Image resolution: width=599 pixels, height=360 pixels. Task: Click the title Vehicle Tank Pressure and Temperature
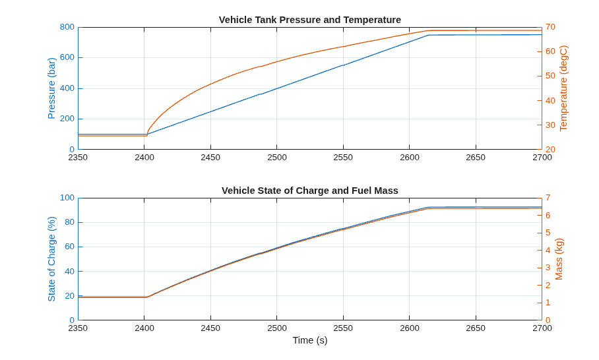coord(310,20)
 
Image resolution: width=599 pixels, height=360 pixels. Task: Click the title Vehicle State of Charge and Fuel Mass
coord(310,191)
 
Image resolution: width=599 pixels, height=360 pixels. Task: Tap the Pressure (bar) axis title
coord(51,88)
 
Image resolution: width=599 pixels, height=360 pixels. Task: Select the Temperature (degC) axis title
coord(563,88)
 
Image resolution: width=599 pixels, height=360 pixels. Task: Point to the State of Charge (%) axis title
coord(51,259)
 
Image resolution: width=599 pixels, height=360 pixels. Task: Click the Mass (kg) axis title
coord(559,259)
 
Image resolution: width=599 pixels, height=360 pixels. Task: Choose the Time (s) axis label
coord(310,340)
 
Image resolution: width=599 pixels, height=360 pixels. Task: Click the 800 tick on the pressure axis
coord(67,27)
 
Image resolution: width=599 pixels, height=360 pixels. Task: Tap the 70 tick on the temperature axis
coord(550,27)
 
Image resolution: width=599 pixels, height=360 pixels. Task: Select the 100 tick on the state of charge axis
coord(67,198)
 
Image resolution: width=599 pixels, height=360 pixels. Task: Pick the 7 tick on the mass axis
coord(548,198)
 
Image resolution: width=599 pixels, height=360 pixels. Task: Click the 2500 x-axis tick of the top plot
coord(277,158)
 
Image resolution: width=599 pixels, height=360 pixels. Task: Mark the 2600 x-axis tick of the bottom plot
coord(410,328)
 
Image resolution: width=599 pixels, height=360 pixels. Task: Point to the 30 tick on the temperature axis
coord(550,125)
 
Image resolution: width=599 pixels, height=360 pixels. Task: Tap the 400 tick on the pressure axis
coord(67,88)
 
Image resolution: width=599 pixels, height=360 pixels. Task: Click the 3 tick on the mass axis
coord(548,268)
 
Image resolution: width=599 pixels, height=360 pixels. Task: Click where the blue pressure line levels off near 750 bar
coord(428,35)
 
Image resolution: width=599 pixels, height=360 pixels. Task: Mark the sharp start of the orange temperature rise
coord(147,135)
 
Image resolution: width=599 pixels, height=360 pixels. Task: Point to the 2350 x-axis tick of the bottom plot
coord(78,328)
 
